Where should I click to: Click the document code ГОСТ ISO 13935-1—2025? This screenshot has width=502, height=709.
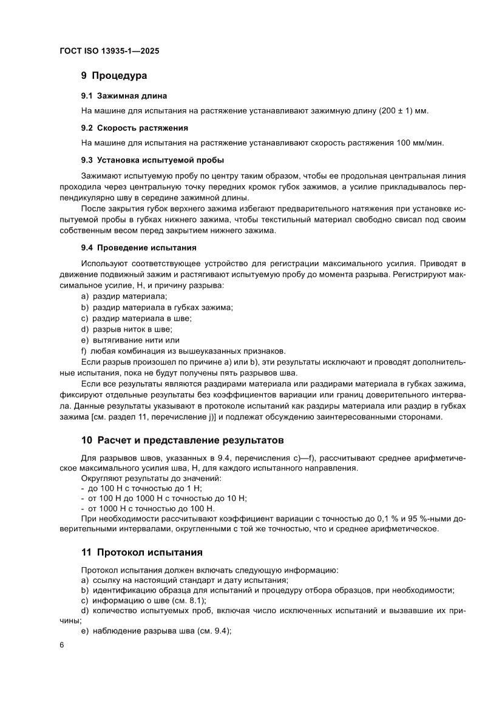(109, 52)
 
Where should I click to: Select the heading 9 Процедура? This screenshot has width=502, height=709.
(114, 76)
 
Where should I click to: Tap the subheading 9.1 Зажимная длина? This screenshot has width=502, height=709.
(124, 96)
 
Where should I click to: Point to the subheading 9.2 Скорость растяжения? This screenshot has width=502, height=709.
(134, 128)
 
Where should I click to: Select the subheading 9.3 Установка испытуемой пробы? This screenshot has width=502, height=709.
(152, 160)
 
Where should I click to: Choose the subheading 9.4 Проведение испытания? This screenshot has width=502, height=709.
(138, 247)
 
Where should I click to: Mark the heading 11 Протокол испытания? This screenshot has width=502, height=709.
(141, 552)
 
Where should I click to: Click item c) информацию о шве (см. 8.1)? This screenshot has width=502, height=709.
(143, 600)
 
